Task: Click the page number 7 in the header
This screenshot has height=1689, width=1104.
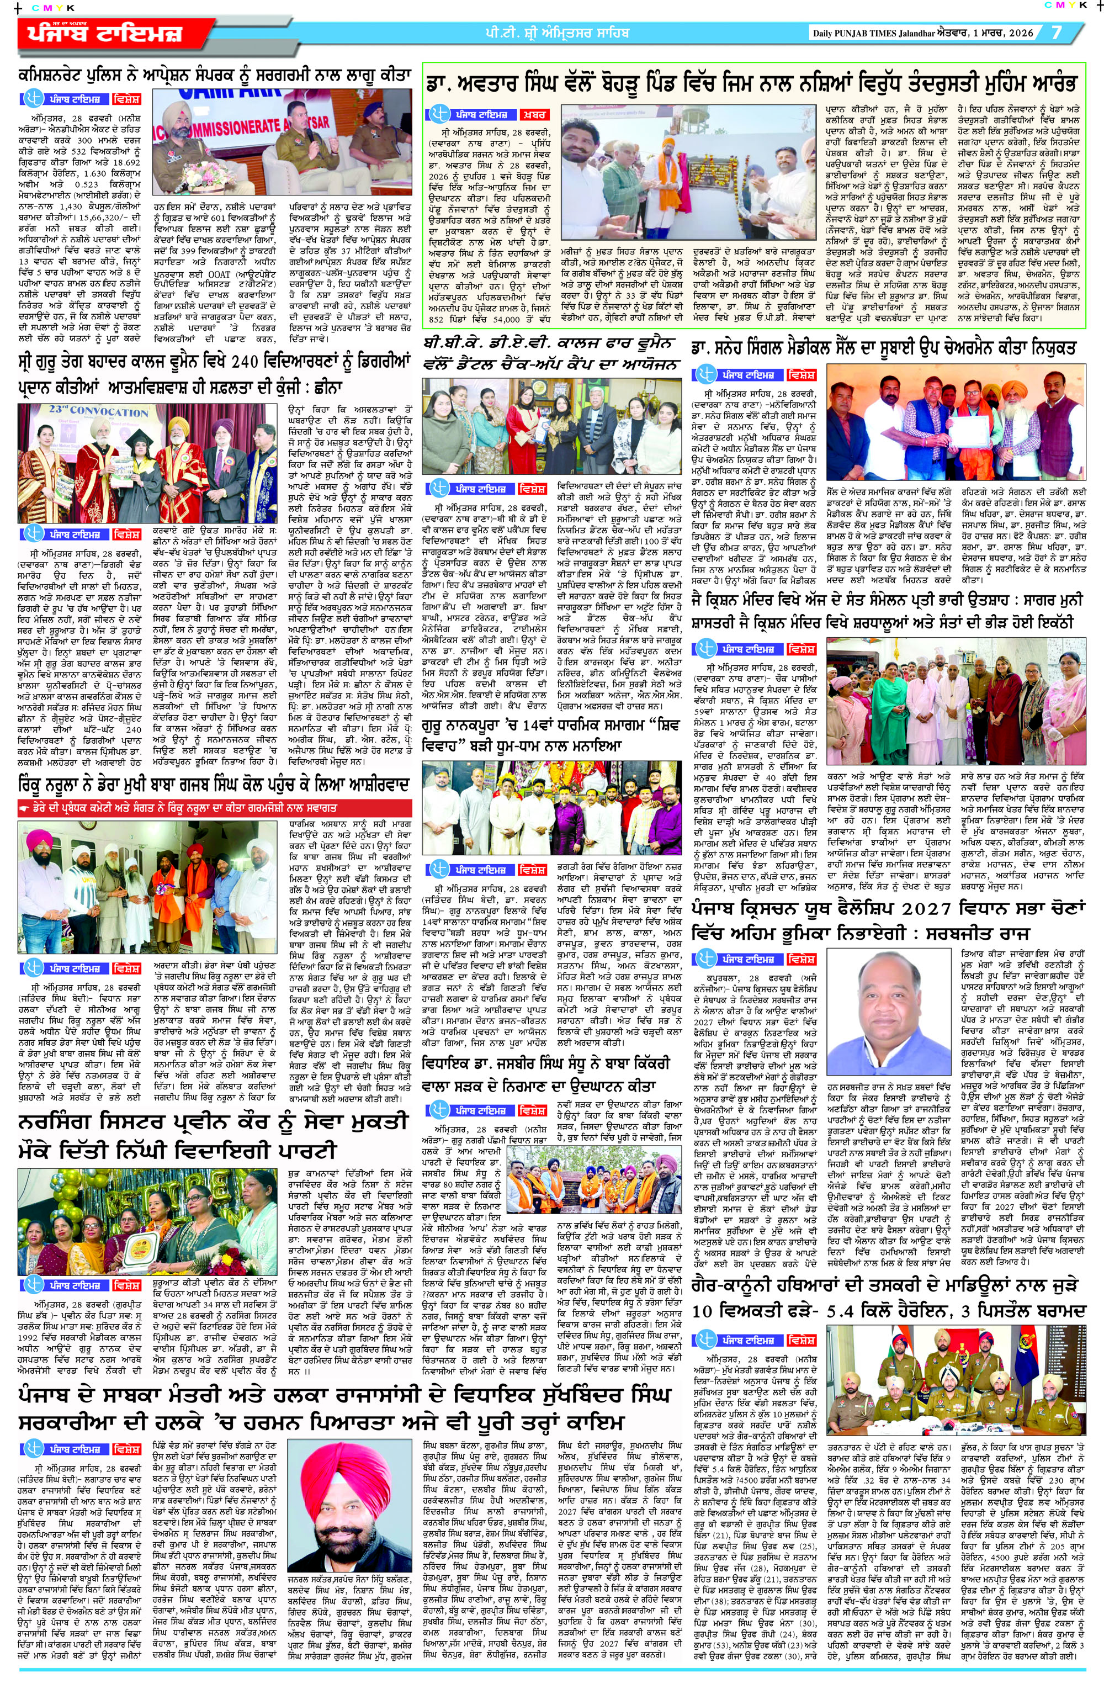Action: click(1057, 33)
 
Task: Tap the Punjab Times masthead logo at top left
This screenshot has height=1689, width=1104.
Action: click(107, 33)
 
